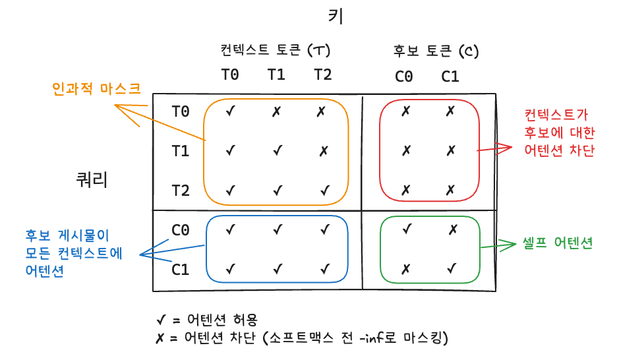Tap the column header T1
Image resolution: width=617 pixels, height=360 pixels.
pyautogui.click(x=276, y=74)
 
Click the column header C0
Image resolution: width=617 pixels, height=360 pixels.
pyautogui.click(x=404, y=76)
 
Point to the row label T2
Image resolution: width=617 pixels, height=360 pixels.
pyautogui.click(x=181, y=191)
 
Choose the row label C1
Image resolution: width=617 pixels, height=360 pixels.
pyautogui.click(x=181, y=270)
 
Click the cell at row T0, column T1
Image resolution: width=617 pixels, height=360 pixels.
pyautogui.click(x=277, y=111)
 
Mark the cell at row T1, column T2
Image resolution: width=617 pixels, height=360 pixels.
pyautogui.click(x=323, y=151)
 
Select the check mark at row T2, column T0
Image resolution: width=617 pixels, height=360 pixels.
pyautogui.click(x=230, y=191)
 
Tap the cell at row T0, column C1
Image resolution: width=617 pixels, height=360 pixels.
pyautogui.click(x=450, y=111)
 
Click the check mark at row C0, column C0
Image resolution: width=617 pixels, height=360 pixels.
pyautogui.click(x=407, y=229)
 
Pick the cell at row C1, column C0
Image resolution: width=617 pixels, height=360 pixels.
pyautogui.click(x=406, y=269)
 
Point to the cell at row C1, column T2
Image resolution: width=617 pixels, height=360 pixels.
pyautogui.click(x=324, y=269)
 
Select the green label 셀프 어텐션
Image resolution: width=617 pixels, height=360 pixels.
pyautogui.click(x=558, y=243)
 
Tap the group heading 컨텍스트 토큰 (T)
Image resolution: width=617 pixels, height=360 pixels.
pyautogui.click(x=276, y=50)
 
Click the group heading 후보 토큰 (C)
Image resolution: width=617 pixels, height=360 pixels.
pyautogui.click(x=436, y=50)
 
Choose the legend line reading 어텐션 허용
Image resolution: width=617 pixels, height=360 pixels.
pyautogui.click(x=197, y=320)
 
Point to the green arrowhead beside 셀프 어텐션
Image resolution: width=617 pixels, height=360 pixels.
pyautogui.click(x=509, y=245)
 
